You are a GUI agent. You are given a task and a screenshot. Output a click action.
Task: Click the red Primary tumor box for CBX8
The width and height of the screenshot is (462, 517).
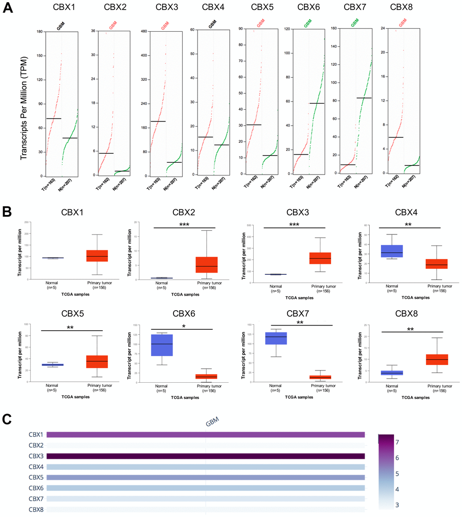436,360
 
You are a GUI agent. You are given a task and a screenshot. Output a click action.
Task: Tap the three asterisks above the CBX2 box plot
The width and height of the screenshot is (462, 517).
184,224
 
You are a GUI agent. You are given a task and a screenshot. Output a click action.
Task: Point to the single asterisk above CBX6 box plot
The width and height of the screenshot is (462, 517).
183,326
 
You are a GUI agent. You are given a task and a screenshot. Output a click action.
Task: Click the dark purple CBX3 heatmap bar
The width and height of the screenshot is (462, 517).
206,456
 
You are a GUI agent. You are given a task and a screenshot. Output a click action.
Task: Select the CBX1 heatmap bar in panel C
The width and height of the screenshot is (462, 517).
206,435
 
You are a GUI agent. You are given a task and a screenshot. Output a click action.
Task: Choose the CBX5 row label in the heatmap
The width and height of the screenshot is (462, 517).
36,478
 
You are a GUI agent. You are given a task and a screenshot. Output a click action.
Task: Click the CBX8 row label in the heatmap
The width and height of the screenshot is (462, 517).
36,509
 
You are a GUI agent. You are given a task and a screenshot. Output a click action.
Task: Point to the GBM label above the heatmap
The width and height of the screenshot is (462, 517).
212,422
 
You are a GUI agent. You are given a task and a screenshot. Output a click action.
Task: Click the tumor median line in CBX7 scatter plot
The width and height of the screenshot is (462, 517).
347,165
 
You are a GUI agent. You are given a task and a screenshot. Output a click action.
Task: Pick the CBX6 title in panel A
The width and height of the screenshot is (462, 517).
307,8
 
